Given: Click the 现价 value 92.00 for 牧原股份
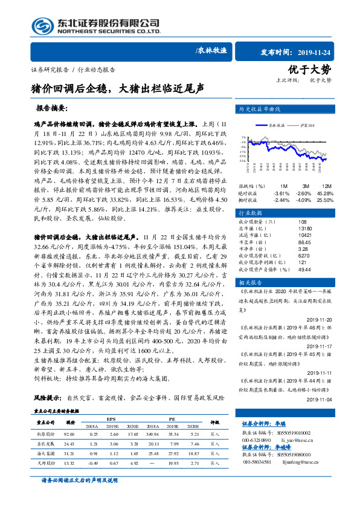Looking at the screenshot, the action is (x=68, y=434).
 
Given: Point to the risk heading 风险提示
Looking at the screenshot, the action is (x=47, y=399).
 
